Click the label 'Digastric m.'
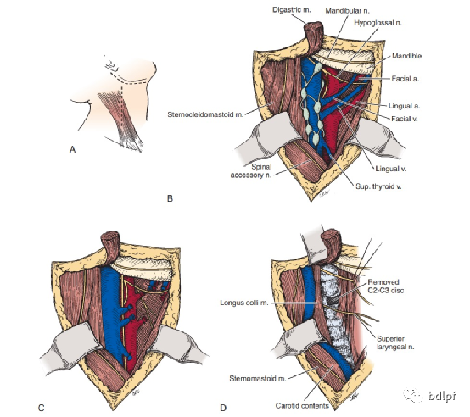tap(291, 10)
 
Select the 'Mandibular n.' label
tap(347, 11)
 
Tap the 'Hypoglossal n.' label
tap(378, 23)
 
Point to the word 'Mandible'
tap(406, 56)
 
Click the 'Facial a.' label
tap(405, 79)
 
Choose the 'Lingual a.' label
tap(404, 106)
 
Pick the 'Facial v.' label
tap(405, 119)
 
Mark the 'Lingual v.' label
tap(390, 169)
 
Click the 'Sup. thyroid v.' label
tap(378, 186)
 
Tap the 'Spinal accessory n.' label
tap(251, 171)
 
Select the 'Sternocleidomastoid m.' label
tap(205, 114)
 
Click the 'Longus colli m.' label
tap(244, 303)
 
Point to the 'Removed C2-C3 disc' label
tap(385, 286)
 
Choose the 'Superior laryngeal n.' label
tap(395, 342)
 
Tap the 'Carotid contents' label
tap(302, 406)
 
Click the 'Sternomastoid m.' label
tap(257, 379)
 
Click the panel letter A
tap(72, 149)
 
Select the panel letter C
tap(42, 408)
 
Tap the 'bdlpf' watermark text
tap(442, 396)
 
